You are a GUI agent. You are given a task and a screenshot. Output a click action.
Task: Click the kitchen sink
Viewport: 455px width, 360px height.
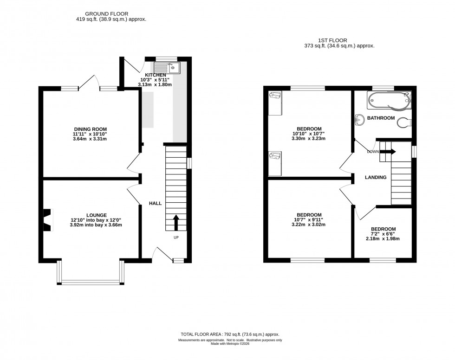click(x=170, y=68)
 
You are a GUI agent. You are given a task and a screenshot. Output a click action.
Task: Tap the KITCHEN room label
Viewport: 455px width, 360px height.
click(x=155, y=75)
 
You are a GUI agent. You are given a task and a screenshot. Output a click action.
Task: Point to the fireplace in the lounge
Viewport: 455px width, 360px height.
click(x=47, y=219)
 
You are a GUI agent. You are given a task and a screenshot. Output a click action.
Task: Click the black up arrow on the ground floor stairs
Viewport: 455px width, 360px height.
click(x=176, y=222)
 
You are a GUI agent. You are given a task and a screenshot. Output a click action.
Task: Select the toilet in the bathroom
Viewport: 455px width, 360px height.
click(x=403, y=124)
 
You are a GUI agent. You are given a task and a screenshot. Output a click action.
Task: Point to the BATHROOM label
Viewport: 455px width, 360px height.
click(x=381, y=118)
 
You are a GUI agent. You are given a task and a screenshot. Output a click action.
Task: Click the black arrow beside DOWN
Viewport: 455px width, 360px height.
click(x=388, y=151)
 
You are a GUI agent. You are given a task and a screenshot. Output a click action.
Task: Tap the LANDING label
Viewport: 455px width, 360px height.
click(x=376, y=177)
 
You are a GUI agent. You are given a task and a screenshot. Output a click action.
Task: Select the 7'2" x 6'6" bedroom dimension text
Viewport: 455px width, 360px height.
click(x=383, y=234)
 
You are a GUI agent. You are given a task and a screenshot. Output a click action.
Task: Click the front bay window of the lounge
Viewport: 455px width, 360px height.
click(x=91, y=281)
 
